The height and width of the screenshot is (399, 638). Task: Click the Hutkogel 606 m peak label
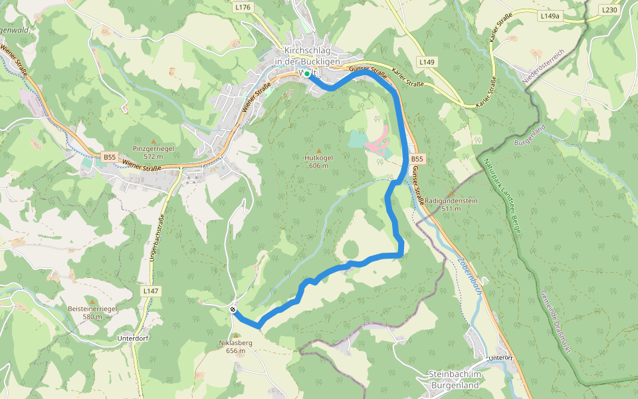[317, 162]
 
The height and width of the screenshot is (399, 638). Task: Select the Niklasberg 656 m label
[235, 346]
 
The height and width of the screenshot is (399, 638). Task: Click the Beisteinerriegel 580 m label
[92, 313]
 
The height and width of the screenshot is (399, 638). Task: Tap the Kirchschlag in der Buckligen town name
[306, 56]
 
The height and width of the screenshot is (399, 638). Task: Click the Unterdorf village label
[131, 338]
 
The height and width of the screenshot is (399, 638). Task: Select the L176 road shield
[243, 7]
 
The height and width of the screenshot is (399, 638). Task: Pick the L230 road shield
[609, 10]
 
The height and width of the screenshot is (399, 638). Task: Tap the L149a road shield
[550, 15]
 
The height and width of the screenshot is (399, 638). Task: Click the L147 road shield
[151, 291]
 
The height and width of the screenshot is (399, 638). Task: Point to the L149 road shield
[427, 62]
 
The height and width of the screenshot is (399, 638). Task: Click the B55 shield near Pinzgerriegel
[110, 157]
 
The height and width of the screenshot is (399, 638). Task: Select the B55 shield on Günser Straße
[417, 160]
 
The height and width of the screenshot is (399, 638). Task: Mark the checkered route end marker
[233, 309]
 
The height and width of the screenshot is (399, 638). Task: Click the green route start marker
[306, 74]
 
